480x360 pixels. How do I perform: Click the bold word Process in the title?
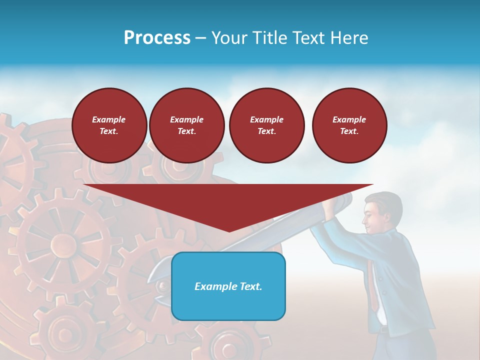click(157, 38)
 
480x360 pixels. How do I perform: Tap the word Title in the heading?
click(270, 38)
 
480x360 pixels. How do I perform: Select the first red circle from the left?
click(109, 125)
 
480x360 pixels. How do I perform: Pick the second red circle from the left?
click(186, 125)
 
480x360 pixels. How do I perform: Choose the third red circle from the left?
click(266, 125)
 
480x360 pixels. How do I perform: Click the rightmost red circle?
click(349, 125)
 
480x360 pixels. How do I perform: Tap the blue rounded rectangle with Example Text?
click(228, 286)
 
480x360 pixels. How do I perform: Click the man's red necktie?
click(373, 290)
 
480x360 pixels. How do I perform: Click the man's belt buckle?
click(383, 329)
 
